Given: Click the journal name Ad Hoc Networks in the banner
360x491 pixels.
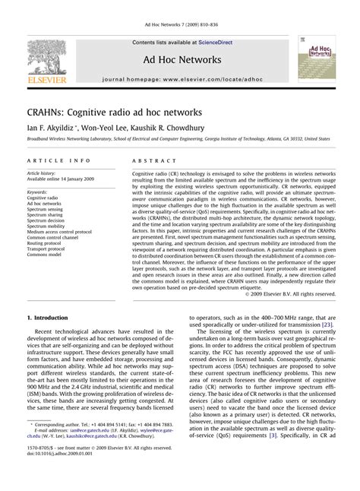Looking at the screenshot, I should (180, 59).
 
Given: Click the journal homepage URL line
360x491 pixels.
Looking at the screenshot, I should (180, 78).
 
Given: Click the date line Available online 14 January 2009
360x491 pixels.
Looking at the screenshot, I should (58, 179).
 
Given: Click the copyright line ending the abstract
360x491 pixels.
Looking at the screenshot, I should (284, 293).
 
